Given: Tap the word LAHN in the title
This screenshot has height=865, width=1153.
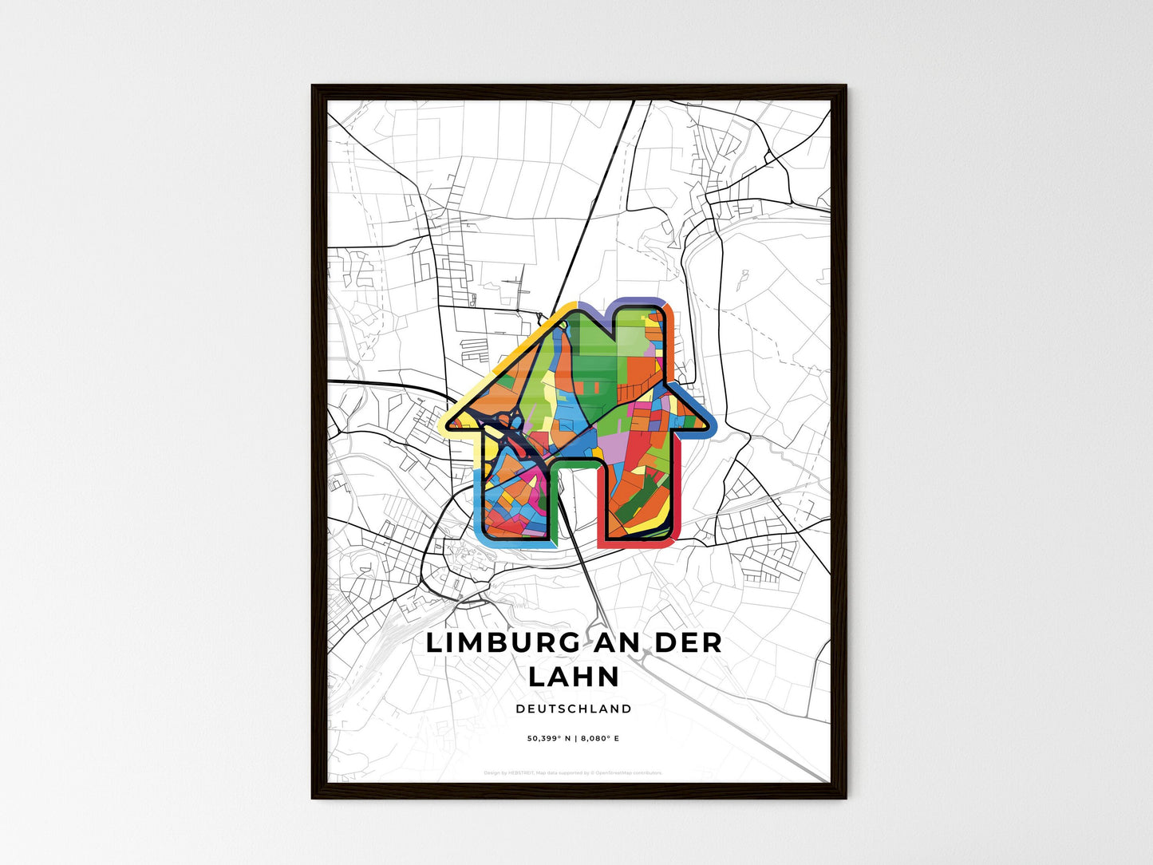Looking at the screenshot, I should pyautogui.click(x=575, y=677).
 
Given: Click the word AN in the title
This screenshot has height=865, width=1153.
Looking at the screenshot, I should pyautogui.click(x=615, y=643).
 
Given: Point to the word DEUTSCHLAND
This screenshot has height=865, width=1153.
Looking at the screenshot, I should pyautogui.click(x=574, y=709).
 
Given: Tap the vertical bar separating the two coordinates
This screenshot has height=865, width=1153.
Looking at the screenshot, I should pyautogui.click(x=576, y=739).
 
